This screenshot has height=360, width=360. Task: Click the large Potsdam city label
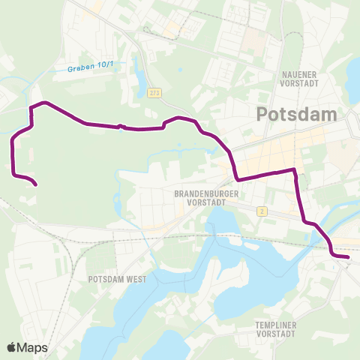click(x=298, y=114)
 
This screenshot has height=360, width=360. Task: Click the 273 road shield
click(x=154, y=91)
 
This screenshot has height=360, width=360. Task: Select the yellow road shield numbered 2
click(x=261, y=211)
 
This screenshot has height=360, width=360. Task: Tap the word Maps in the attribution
click(x=33, y=347)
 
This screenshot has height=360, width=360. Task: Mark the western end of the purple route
click(x=37, y=184)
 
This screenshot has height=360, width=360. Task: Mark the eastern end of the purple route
click(x=348, y=257)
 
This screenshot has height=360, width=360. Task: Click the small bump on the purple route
click(x=120, y=126)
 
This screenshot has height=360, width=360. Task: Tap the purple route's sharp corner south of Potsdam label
click(x=237, y=179)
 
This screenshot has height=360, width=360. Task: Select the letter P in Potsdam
click(x=262, y=114)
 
